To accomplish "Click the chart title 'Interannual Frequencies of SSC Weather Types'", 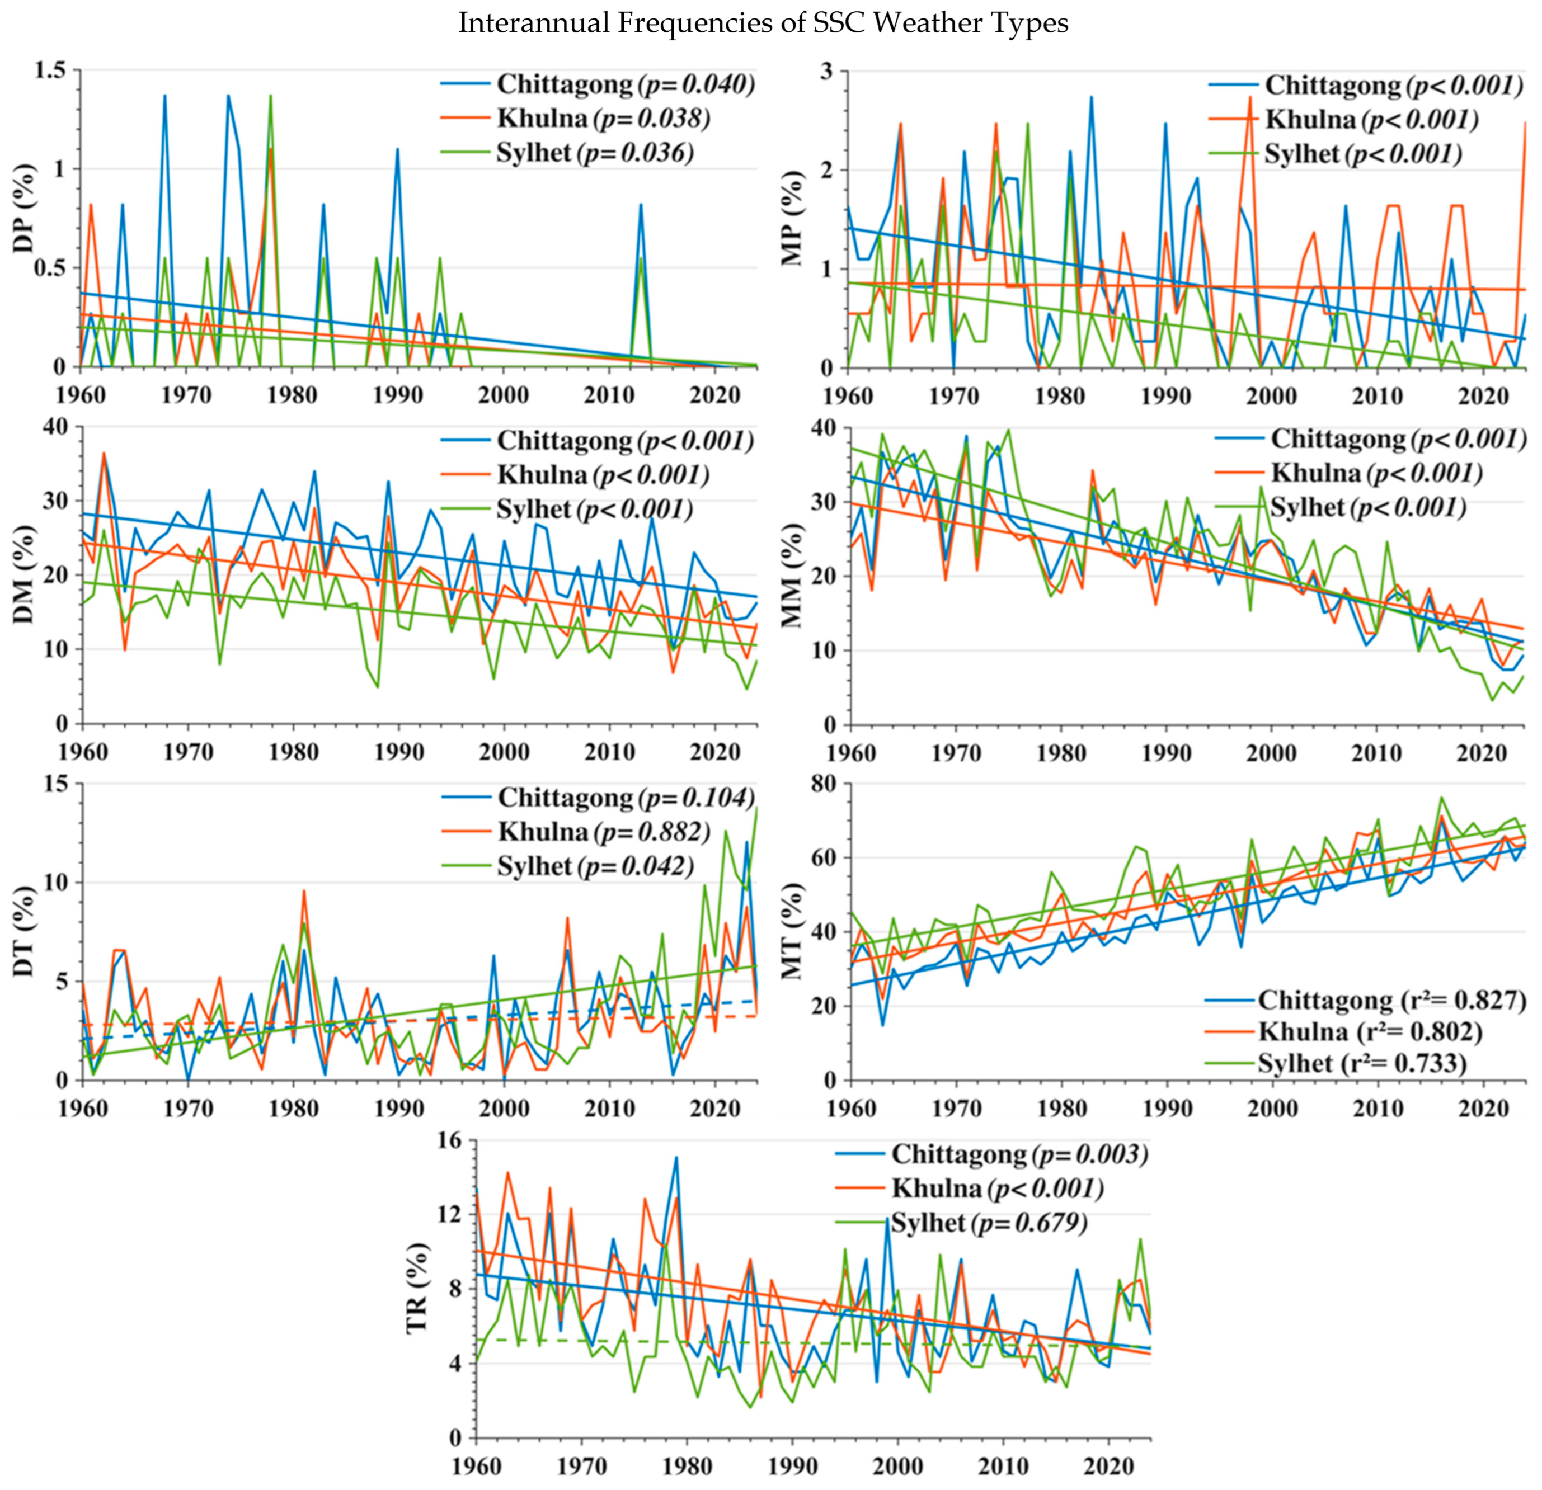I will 763,23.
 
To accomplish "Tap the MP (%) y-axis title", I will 793,219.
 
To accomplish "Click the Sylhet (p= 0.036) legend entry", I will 594,153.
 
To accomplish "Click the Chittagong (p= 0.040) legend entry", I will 626,83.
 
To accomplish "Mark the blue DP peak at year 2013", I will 641,205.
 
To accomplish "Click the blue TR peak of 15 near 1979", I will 676,1157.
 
